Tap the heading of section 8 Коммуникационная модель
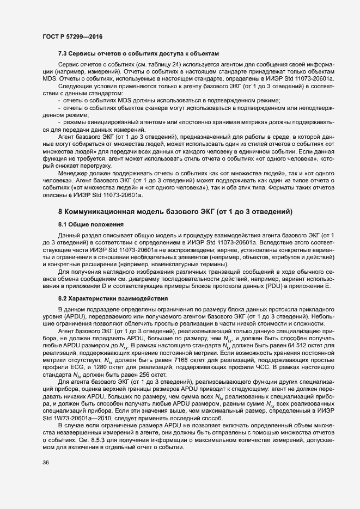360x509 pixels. tap(176, 211)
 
